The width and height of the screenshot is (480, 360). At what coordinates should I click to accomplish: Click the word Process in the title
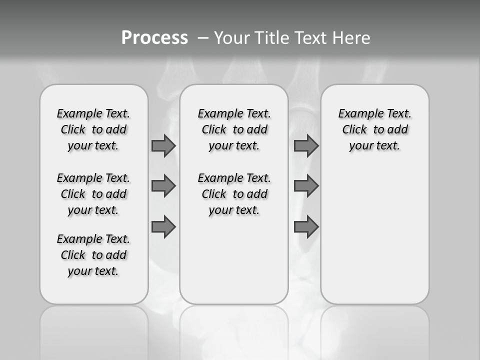pos(154,37)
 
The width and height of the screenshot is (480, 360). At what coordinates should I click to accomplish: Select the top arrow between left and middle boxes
pos(163,145)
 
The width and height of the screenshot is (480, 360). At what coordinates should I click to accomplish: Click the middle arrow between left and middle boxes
pos(163,186)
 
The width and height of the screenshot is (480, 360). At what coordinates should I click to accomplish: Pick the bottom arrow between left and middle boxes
pos(163,226)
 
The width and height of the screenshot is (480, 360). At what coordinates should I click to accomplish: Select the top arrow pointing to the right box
pos(306,145)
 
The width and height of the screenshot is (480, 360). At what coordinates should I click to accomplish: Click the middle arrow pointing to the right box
pos(306,186)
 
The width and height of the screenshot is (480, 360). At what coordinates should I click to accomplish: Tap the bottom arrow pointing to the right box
pos(306,226)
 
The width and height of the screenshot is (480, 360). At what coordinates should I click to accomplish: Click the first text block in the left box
pos(93,129)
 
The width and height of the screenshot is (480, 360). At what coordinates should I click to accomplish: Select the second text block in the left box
pos(93,194)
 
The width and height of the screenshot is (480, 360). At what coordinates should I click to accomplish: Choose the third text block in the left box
pos(93,255)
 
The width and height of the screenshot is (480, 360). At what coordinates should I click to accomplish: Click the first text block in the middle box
pos(234,129)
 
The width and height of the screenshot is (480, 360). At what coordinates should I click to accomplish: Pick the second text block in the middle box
pos(234,194)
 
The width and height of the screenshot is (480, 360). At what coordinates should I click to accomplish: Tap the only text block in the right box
pos(374,129)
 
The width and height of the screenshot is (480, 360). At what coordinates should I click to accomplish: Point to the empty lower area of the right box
pos(374,235)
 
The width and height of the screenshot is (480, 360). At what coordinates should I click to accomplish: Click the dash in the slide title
pos(203,38)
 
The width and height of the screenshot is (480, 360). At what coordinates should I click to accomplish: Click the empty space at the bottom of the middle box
pos(234,265)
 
